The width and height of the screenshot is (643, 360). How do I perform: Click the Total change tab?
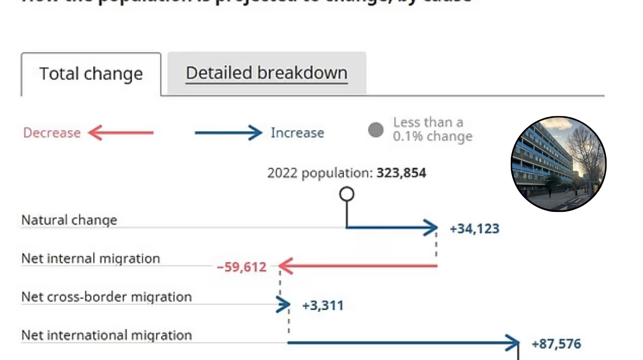click(91, 74)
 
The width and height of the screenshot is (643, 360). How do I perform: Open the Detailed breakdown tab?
click(266, 73)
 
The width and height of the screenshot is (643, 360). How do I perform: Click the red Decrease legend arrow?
click(121, 133)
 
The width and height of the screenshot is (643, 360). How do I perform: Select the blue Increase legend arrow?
click(228, 133)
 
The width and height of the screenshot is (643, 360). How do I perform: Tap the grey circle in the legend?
click(376, 130)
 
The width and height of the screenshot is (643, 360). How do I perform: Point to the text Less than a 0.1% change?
click(432, 130)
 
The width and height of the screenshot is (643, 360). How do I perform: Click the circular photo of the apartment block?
click(559, 164)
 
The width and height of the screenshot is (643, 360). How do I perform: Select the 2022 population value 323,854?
click(401, 173)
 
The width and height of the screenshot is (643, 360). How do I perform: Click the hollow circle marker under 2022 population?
click(347, 194)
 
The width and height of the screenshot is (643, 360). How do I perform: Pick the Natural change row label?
click(69, 220)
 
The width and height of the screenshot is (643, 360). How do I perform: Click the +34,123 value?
click(474, 228)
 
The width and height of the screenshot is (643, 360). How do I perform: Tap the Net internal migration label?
click(91, 258)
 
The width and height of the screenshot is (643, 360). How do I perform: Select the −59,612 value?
click(242, 267)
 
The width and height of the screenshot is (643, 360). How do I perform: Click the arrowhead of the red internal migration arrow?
click(285, 266)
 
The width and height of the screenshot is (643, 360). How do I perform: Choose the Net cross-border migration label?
click(106, 297)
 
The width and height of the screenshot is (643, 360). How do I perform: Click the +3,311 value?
click(323, 305)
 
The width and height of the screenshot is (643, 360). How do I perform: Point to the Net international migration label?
click(106, 335)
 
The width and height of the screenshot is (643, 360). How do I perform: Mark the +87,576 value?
click(557, 344)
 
